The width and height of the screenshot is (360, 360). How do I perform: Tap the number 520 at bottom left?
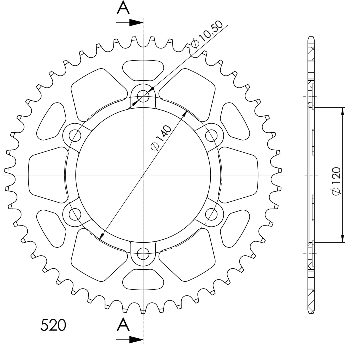(x=53, y=325)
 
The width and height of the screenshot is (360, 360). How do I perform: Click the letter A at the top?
(x=123, y=8)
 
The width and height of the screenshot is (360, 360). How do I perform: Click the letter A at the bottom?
(x=123, y=325)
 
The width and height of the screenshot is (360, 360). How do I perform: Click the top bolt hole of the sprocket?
(x=143, y=96)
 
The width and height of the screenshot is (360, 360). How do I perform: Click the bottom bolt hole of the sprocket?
(x=143, y=253)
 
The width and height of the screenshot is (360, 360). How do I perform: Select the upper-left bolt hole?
(x=75, y=135)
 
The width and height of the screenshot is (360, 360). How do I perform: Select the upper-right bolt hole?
(x=211, y=135)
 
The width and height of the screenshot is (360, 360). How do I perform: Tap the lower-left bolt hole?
(x=75, y=214)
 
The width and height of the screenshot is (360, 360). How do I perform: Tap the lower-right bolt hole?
(x=211, y=214)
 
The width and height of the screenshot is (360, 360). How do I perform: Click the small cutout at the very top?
(x=143, y=69)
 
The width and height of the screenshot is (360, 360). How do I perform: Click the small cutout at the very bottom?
(x=143, y=279)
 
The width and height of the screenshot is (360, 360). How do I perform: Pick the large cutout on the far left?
(x=47, y=175)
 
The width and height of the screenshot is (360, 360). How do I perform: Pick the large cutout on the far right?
(x=239, y=175)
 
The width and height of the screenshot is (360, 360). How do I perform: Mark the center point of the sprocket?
(x=143, y=175)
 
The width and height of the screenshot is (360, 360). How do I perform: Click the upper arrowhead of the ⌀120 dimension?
(x=342, y=111)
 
